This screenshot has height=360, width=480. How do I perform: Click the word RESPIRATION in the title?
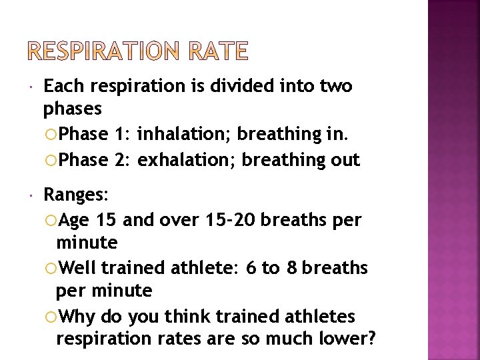102,51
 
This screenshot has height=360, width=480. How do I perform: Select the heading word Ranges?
74,195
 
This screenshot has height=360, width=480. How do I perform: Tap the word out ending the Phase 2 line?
349,160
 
